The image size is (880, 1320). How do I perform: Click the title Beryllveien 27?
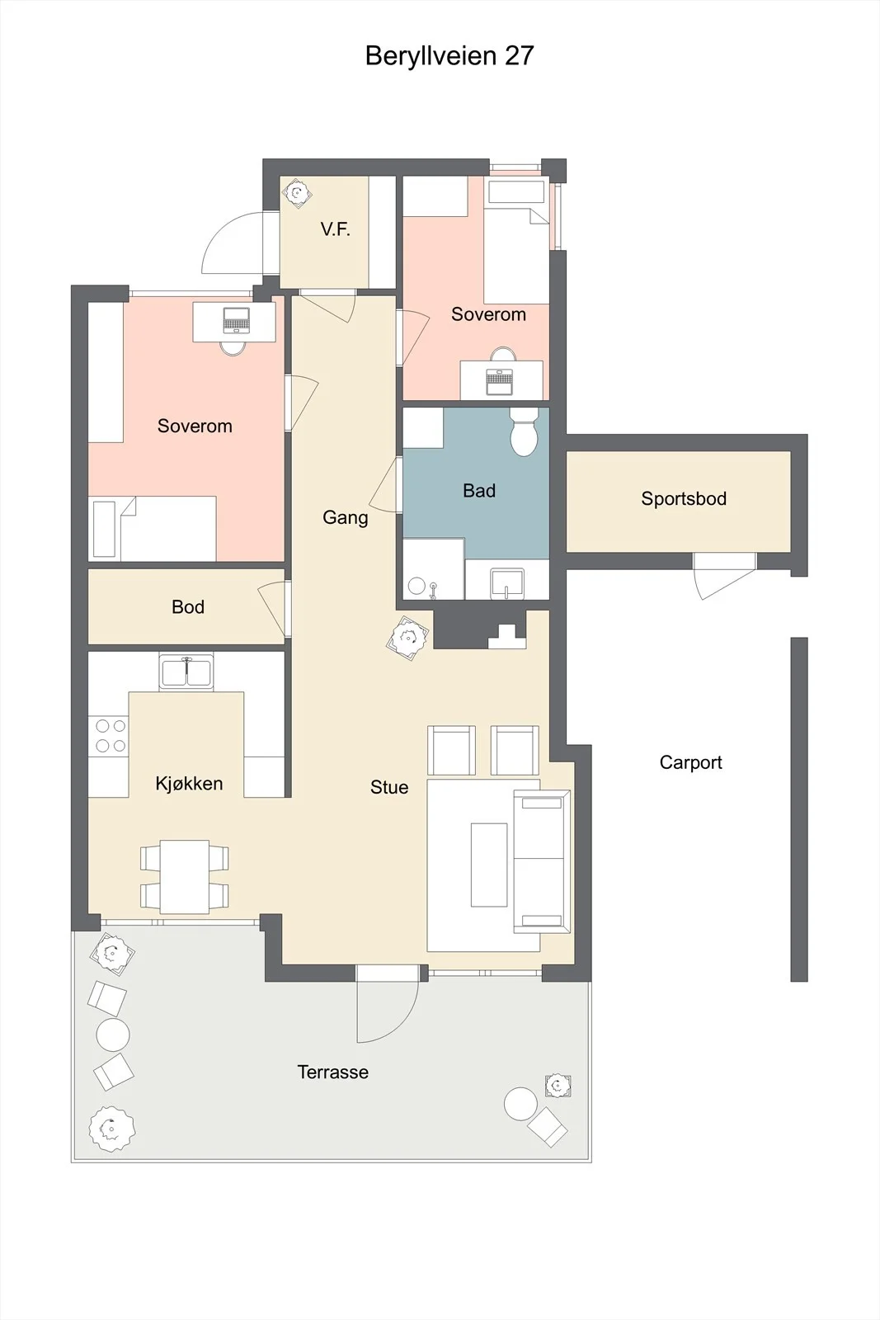tap(449, 56)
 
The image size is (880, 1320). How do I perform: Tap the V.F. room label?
tap(335, 229)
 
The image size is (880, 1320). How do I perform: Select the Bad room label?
tap(479, 490)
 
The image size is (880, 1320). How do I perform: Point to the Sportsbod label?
tap(683, 498)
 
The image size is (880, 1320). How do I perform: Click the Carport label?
tap(690, 762)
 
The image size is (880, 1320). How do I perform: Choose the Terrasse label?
tap(333, 1072)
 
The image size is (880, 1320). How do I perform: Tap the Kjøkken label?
tap(189, 783)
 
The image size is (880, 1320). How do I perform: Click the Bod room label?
tap(188, 607)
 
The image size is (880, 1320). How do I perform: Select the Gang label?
tap(346, 517)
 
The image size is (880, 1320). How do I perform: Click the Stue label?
tap(389, 787)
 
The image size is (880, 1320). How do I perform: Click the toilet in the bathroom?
tap(524, 432)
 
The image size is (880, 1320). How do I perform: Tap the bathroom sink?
tap(507, 583)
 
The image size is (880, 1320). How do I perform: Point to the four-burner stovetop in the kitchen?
tap(108, 736)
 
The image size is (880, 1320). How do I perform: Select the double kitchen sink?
tap(186, 672)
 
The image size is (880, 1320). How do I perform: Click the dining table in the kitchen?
tap(185, 877)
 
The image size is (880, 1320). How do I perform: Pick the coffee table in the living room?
tap(489, 865)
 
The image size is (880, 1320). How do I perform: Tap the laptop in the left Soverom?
tap(237, 321)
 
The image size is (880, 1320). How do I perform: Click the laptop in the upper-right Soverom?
tap(500, 382)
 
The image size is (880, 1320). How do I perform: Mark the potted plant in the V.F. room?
tap(296, 192)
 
